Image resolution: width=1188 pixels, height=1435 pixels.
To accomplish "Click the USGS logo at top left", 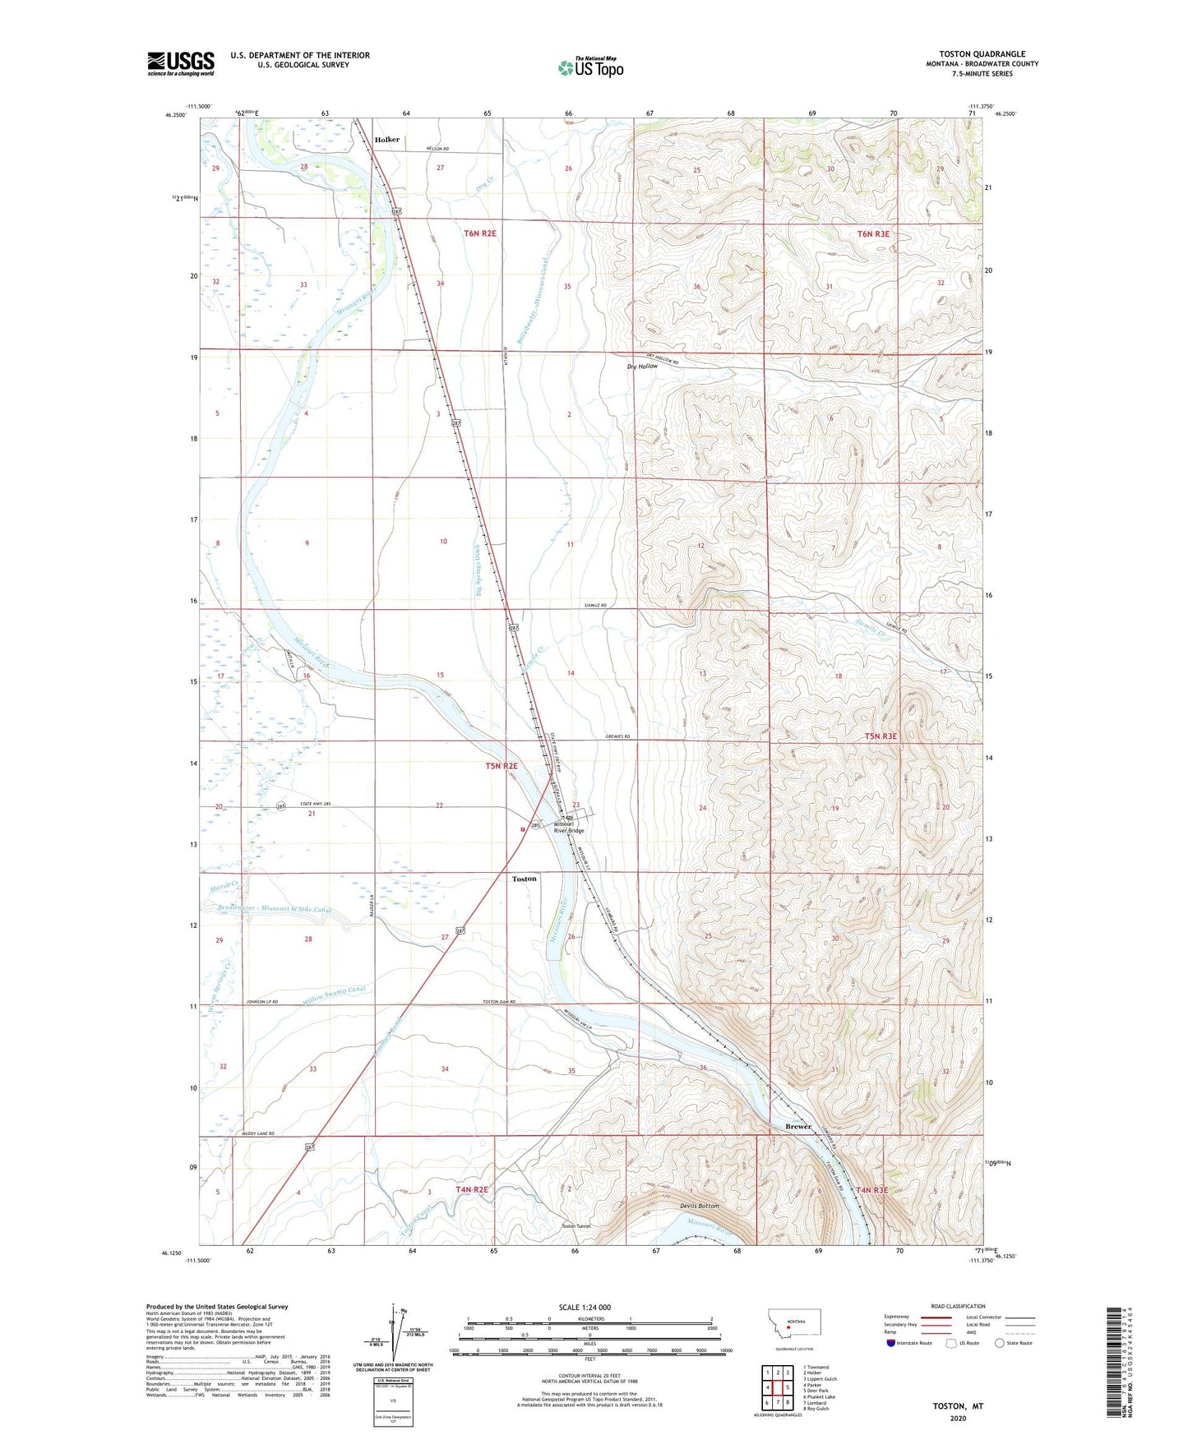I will pyautogui.click(x=181, y=63).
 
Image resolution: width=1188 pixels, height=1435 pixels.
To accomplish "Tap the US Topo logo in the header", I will pyautogui.click(x=591, y=67).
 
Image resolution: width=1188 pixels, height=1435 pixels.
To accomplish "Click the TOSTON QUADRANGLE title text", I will pyautogui.click(x=982, y=53).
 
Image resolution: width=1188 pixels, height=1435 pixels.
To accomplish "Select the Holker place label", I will pyautogui.click(x=386, y=140).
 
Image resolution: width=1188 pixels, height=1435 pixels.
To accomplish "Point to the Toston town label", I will pyautogui.click(x=524, y=879).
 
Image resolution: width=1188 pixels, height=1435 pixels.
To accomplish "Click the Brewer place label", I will pyautogui.click(x=797, y=1126).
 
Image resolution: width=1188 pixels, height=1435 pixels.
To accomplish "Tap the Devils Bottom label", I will pyautogui.click(x=699, y=1206).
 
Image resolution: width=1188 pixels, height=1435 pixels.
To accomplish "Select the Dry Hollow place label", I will pyautogui.click(x=642, y=366).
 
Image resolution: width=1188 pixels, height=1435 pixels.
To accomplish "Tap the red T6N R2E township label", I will pyautogui.click(x=480, y=233).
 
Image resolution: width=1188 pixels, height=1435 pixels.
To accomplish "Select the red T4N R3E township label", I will pyautogui.click(x=871, y=1190).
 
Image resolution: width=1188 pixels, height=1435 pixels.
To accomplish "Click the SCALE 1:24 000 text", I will pyautogui.click(x=585, y=1307).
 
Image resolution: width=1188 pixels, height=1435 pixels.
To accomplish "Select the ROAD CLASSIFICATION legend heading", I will pyautogui.click(x=958, y=1306).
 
